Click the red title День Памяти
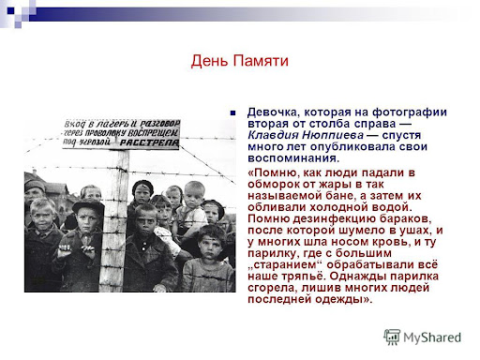239,61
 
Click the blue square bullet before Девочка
232,112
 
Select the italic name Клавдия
273,135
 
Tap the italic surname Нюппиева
333,135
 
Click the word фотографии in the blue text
410,112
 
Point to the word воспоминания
293,158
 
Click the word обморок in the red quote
270,184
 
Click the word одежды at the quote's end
344,299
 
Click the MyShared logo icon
392,337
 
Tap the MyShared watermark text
432,337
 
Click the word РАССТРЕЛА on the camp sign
149,143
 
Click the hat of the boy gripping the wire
88,206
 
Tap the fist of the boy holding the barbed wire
65,250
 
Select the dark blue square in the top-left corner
10,11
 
